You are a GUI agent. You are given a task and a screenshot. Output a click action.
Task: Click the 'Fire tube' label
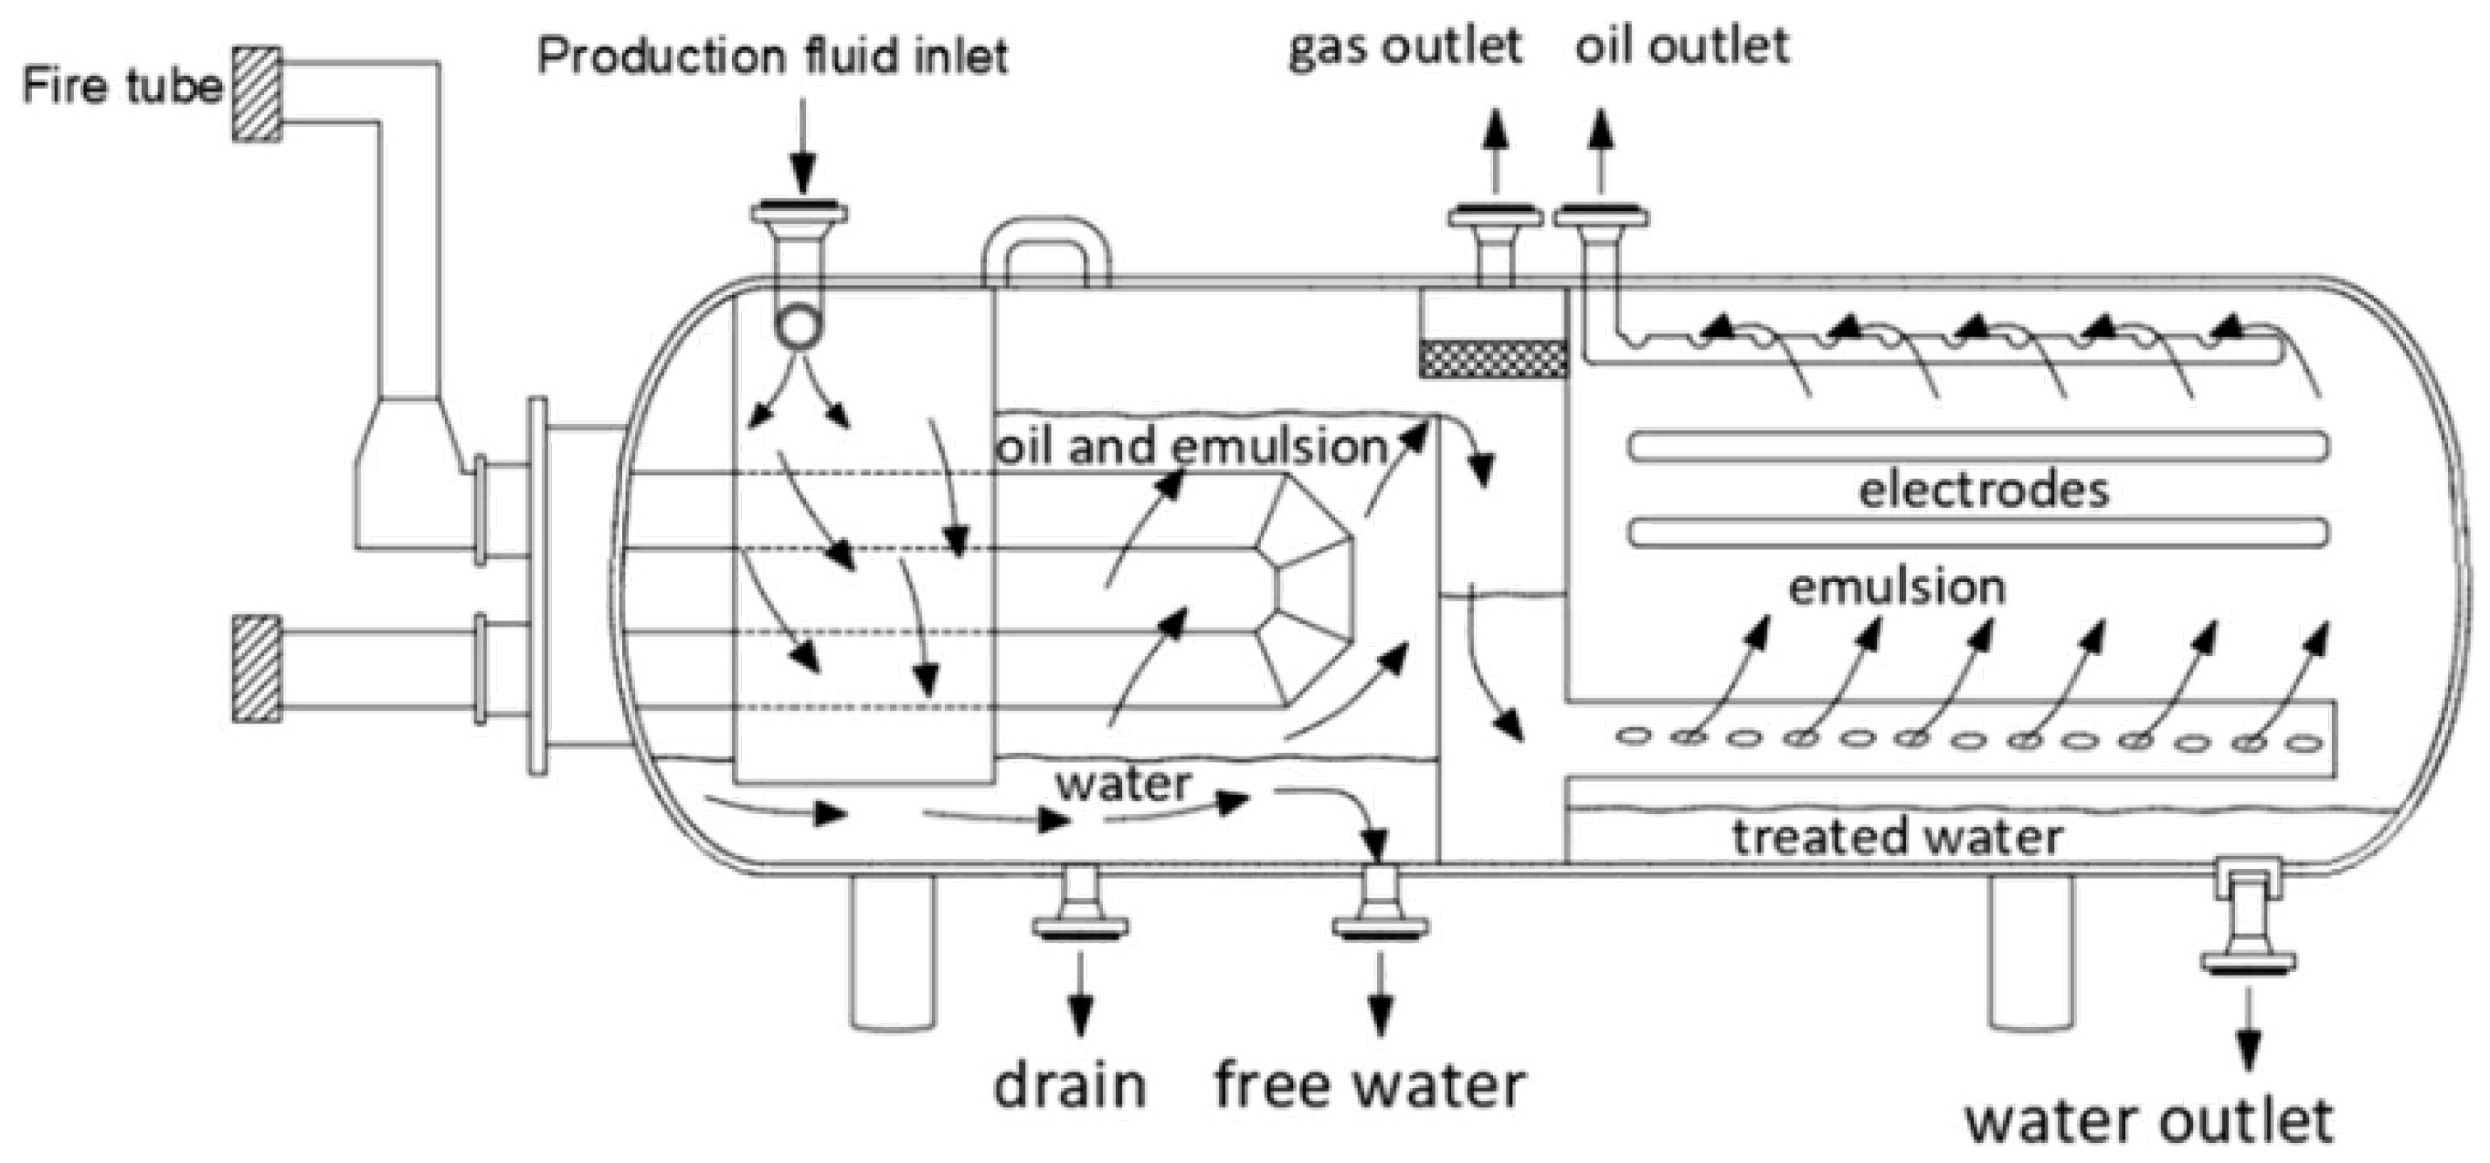coord(122,87)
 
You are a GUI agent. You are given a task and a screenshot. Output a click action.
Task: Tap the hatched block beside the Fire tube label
coord(257,94)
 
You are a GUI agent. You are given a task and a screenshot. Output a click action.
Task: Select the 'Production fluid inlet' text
coord(772,56)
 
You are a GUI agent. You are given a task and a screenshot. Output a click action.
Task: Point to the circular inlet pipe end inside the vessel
coord(798,327)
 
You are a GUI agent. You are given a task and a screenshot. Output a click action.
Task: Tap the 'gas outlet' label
coord(1405,47)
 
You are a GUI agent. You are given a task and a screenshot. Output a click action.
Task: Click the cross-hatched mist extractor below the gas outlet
coord(1493,358)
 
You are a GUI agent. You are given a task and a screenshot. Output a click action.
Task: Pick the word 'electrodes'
coord(1984,491)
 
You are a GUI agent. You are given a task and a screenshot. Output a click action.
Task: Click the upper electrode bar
coord(1977,447)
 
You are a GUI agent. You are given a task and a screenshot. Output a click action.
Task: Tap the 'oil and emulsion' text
coord(1192,448)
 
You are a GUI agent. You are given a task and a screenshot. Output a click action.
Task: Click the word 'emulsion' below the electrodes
coord(1896,587)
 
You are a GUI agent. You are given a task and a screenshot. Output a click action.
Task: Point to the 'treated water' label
coord(1896,837)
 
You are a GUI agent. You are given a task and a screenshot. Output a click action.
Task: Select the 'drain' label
coord(1070,1085)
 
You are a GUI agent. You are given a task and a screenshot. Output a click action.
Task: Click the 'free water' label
coord(1370,1085)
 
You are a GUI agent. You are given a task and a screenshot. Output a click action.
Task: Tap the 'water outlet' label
coord(2151,1121)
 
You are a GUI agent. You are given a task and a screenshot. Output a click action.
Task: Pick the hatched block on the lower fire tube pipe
coord(257,668)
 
